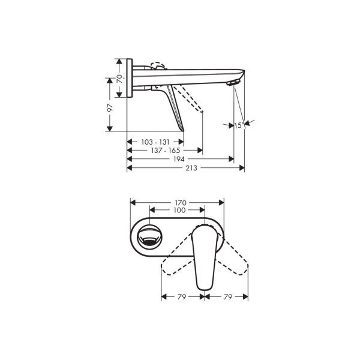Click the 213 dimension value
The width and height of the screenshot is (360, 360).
pyautogui.click(x=191, y=168)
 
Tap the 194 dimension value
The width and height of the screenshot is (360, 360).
pyautogui.click(x=179, y=159)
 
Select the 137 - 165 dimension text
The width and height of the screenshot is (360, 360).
pyautogui.click(x=166, y=151)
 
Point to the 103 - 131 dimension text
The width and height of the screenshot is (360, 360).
pyautogui.click(x=155, y=142)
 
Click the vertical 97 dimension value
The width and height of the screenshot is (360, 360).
pyautogui.click(x=110, y=107)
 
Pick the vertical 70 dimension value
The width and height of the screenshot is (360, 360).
pyautogui.click(x=119, y=79)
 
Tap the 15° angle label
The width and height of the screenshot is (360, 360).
pyautogui.click(x=239, y=125)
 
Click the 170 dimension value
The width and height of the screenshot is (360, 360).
pyautogui.click(x=181, y=203)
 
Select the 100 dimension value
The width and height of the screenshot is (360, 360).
pyautogui.click(x=179, y=210)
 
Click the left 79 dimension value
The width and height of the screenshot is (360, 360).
pyautogui.click(x=181, y=297)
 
